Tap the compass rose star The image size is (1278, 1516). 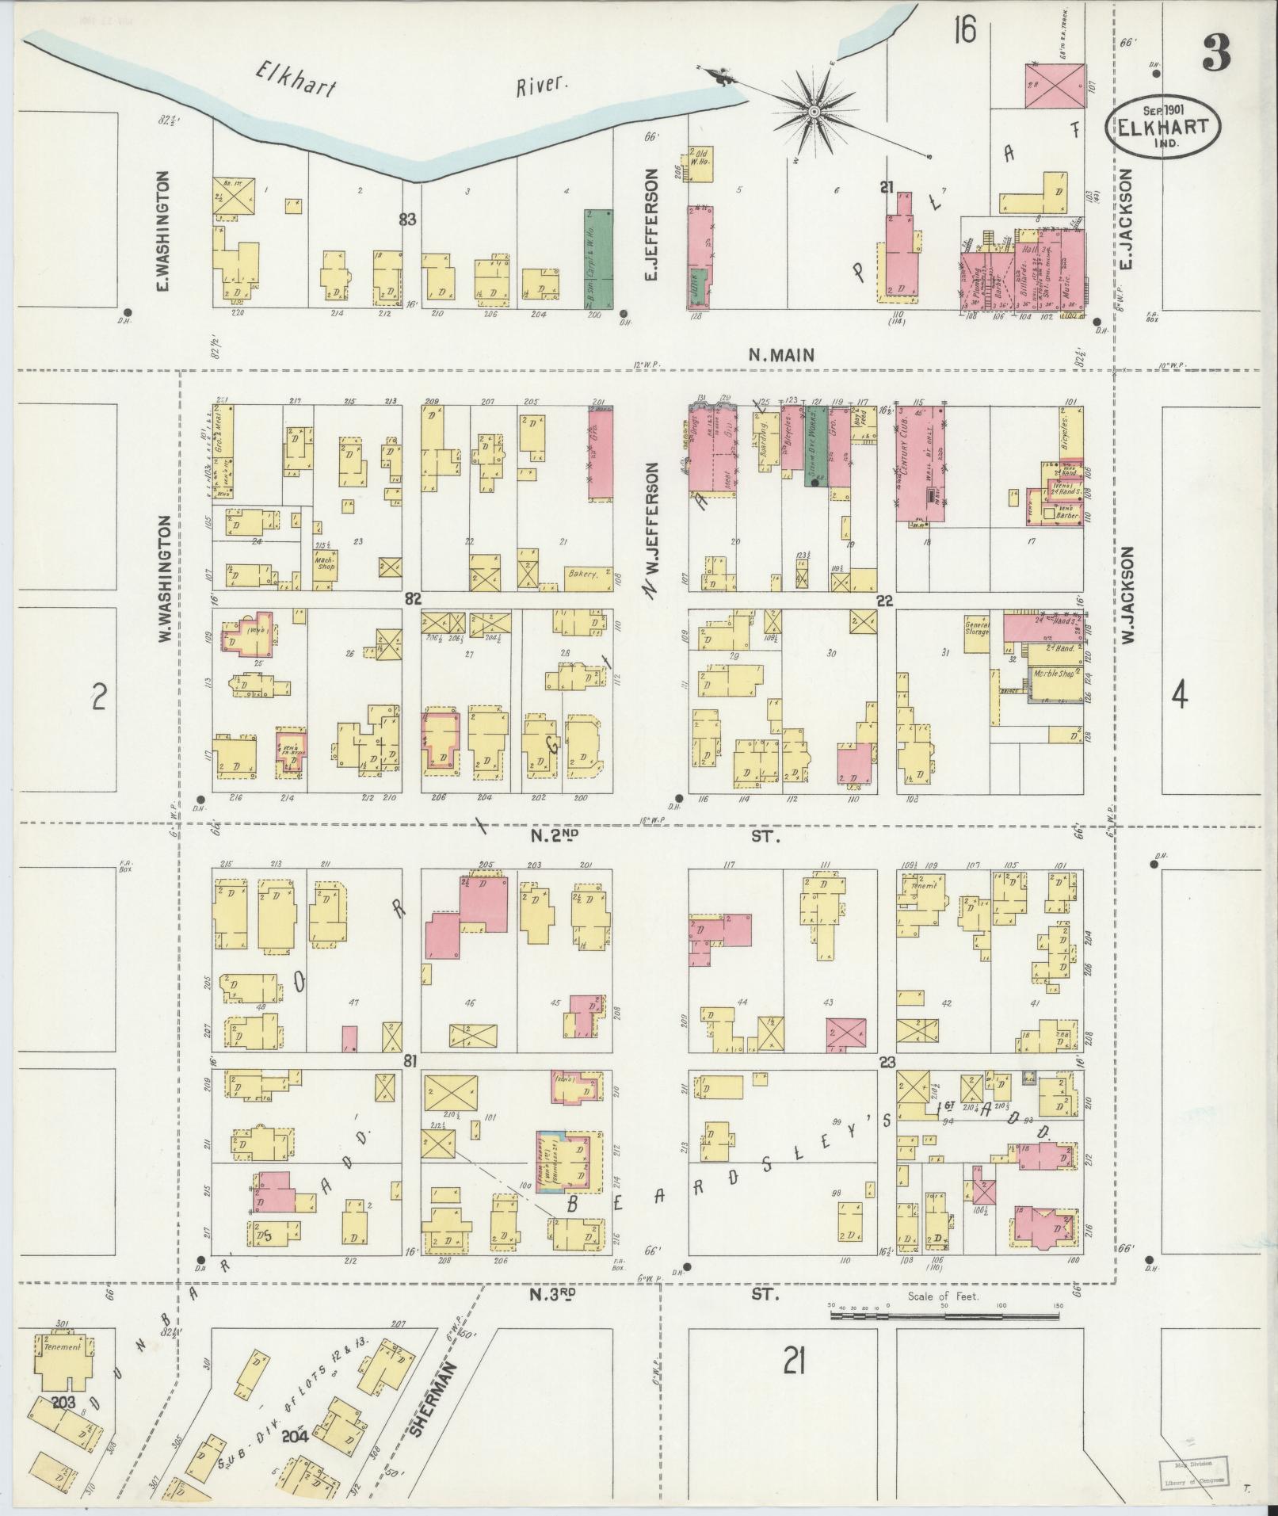pos(814,113)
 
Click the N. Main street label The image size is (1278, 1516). pos(781,356)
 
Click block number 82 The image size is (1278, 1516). pos(411,599)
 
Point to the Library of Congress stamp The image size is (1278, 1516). pos(1194,1472)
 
